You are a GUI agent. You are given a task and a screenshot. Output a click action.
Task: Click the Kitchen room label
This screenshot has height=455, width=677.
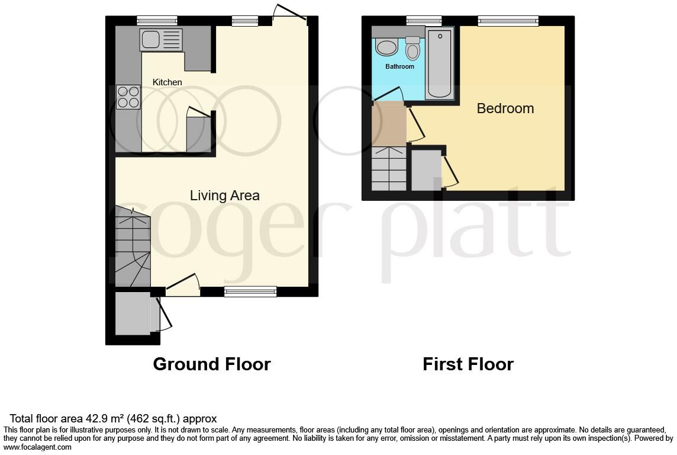[x=167, y=82]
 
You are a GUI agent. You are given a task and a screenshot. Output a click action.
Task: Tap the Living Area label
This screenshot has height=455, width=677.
[x=224, y=196]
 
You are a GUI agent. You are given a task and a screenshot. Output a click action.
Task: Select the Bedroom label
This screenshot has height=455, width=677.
[x=505, y=108]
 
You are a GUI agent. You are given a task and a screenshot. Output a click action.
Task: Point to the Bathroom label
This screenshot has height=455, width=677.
[x=399, y=66]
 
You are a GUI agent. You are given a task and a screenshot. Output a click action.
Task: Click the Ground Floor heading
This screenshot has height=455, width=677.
[x=211, y=364]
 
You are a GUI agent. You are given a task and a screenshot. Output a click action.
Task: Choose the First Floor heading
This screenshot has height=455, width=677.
[x=468, y=364]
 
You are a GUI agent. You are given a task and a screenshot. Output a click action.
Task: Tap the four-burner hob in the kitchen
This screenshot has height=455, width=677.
[x=128, y=97]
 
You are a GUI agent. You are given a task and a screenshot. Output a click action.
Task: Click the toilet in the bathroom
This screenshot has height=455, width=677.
[x=412, y=49]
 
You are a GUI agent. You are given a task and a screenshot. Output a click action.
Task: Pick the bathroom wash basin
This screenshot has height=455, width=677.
[x=387, y=46]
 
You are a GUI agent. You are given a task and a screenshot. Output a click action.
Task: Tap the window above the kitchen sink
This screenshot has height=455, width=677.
[x=149, y=20]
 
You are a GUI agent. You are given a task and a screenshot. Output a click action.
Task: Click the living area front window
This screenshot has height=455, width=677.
[x=250, y=291]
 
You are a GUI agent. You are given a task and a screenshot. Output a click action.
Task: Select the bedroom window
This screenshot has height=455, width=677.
[x=508, y=21]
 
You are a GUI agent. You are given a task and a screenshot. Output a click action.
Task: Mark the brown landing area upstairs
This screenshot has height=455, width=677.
[x=388, y=123]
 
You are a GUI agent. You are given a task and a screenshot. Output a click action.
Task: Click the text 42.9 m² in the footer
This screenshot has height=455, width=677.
[x=101, y=419]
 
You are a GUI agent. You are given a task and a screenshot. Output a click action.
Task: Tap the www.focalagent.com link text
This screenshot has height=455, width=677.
[x=38, y=447]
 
